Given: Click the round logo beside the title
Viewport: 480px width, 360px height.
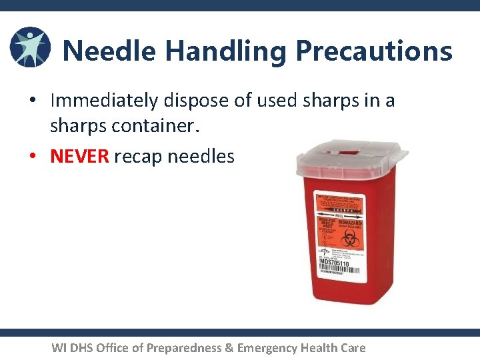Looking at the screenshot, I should click(30, 48).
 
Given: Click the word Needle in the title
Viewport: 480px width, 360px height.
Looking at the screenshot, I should click(109, 51).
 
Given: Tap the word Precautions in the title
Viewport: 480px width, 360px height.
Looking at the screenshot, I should click(374, 51).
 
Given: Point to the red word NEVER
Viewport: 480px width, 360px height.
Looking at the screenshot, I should click(79, 156).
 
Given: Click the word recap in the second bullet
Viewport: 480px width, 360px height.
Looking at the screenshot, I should click(138, 157).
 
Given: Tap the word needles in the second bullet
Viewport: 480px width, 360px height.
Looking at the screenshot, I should click(201, 156).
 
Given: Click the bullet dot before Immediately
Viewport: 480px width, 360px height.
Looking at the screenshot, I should click(32, 101).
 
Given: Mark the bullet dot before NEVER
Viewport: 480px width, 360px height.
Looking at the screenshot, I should click(32, 157).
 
